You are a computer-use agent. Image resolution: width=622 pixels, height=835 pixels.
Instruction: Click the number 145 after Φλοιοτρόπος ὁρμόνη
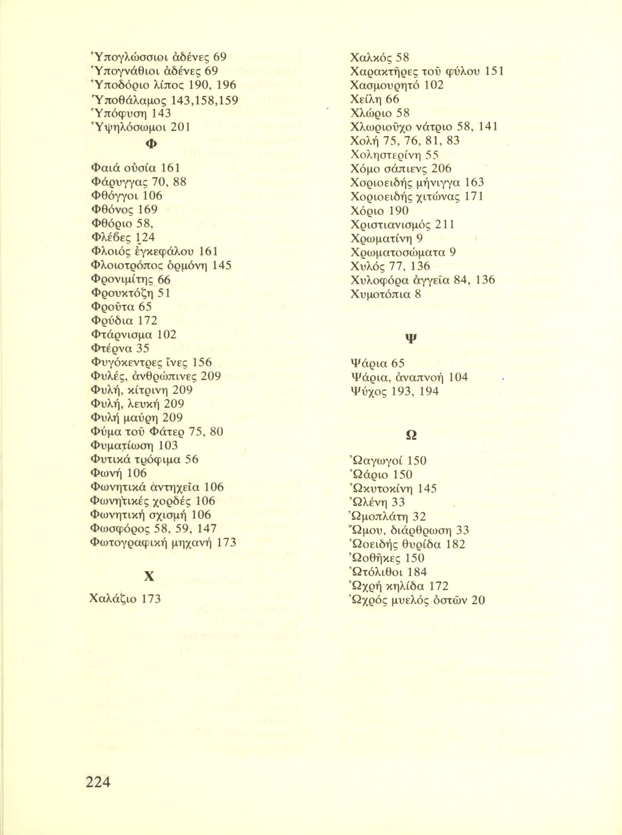pyautogui.click(x=222, y=265)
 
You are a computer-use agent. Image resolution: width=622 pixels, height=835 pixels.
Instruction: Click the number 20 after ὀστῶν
pyautogui.click(x=478, y=600)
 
